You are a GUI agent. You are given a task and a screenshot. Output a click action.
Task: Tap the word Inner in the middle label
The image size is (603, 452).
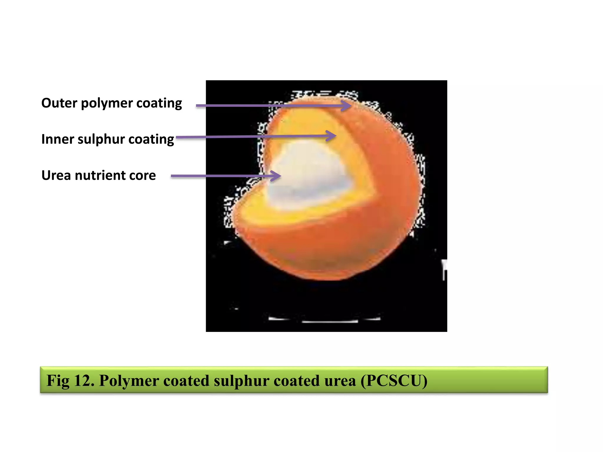(x=57, y=139)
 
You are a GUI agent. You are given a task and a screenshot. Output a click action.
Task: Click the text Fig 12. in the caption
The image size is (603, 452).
(x=70, y=380)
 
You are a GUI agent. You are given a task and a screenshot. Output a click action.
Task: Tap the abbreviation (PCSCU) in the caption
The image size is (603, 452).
(x=394, y=380)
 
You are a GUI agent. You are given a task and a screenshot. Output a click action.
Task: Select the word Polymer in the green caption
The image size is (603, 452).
(x=129, y=380)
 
